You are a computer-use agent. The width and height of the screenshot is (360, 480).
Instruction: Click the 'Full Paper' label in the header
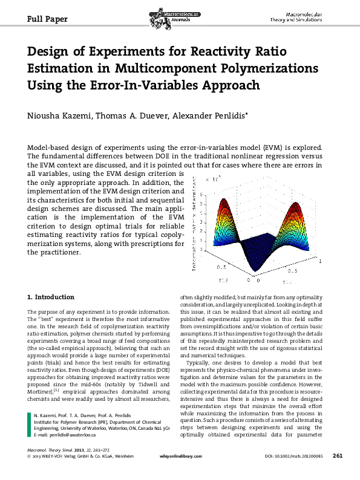[x=48, y=19]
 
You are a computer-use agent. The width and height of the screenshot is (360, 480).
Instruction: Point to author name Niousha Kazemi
[x=61, y=116]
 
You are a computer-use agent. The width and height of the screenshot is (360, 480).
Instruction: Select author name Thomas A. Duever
[x=129, y=116]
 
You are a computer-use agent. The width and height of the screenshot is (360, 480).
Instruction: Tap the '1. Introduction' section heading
[x=51, y=297]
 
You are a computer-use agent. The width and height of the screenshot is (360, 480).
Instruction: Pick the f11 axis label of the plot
[x=287, y=281]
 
